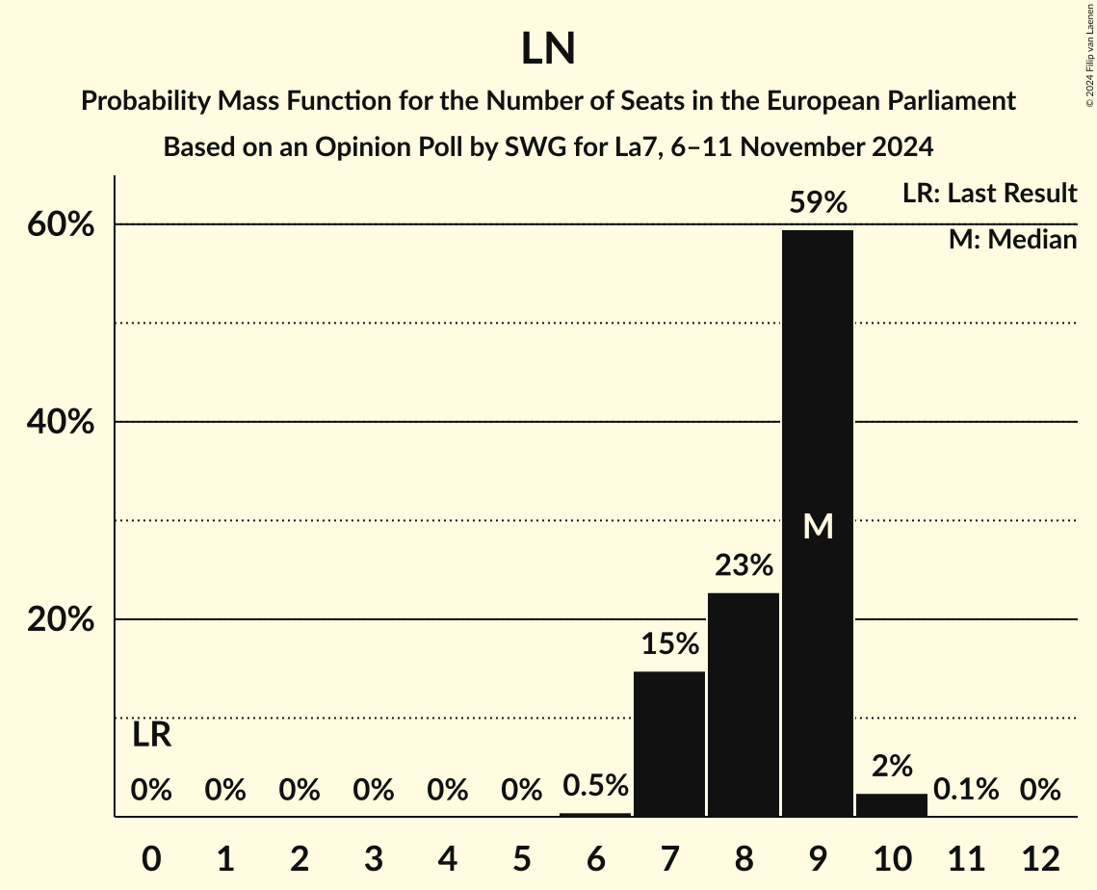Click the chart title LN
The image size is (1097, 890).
(x=548, y=49)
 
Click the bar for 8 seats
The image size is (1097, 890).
(x=744, y=704)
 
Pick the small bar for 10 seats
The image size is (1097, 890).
(x=892, y=805)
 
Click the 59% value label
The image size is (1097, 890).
(x=818, y=203)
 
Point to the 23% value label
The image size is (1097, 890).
(x=744, y=565)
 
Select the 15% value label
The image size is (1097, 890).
(x=669, y=644)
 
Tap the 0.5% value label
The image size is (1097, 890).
(x=595, y=786)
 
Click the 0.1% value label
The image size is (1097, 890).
(x=965, y=791)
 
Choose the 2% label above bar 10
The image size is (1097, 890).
(x=892, y=767)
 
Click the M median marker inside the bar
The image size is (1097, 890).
(x=818, y=527)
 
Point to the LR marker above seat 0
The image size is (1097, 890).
(x=151, y=736)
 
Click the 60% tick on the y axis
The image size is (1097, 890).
(x=60, y=224)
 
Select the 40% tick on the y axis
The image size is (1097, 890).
(x=60, y=422)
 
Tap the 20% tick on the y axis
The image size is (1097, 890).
(x=60, y=620)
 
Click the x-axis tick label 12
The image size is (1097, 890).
(x=1040, y=857)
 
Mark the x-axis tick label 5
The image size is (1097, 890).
(x=521, y=857)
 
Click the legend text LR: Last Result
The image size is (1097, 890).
(x=989, y=194)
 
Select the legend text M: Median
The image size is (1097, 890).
(x=1012, y=240)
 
